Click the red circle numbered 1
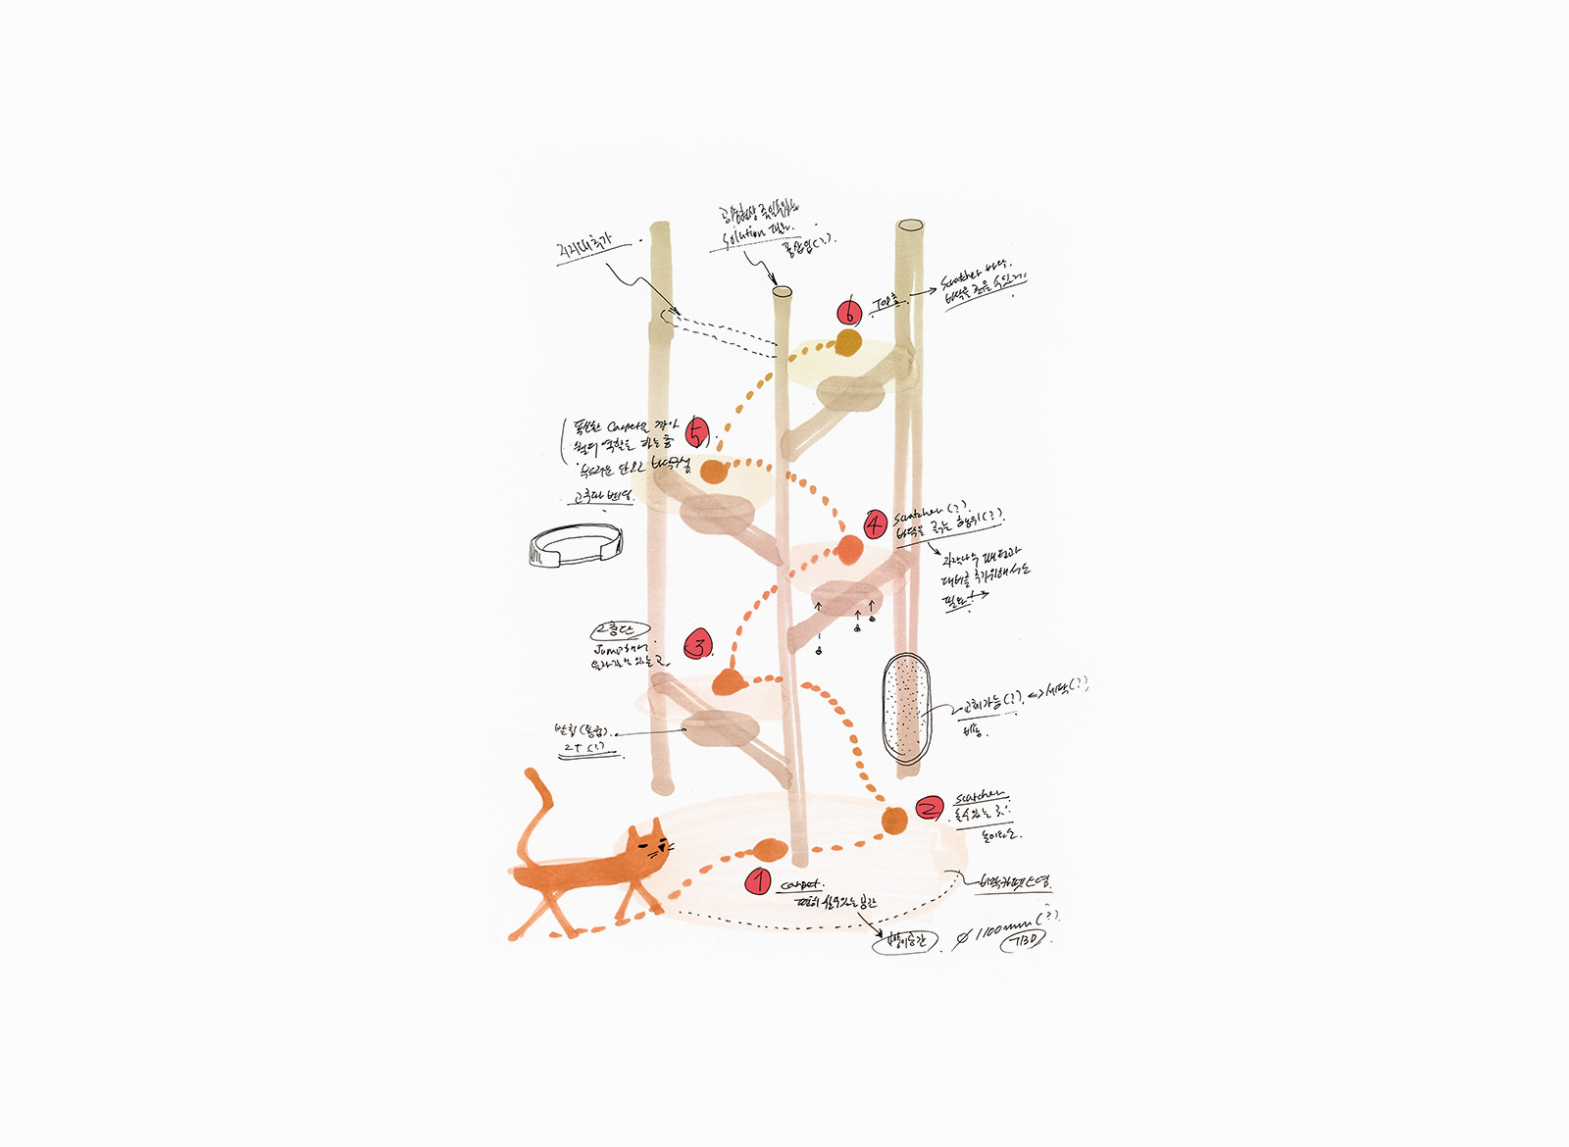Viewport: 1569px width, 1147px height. tap(758, 881)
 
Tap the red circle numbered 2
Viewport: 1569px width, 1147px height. tap(929, 808)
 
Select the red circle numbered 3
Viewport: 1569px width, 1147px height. tap(697, 645)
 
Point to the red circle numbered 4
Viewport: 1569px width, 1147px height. tap(875, 524)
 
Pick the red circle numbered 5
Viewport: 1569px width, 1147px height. tap(696, 432)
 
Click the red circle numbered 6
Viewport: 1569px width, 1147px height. tap(849, 313)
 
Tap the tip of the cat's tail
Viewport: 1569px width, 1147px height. tap(531, 773)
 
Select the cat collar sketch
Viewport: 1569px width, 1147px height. tap(575, 545)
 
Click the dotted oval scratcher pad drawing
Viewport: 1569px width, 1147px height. tap(904, 708)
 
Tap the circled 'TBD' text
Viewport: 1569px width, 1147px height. tap(1021, 939)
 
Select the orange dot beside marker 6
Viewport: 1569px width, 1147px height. tap(848, 343)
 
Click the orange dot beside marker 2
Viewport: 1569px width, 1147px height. tap(893, 822)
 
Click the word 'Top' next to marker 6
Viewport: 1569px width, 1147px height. tap(885, 304)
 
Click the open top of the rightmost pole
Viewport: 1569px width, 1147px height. tap(910, 226)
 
